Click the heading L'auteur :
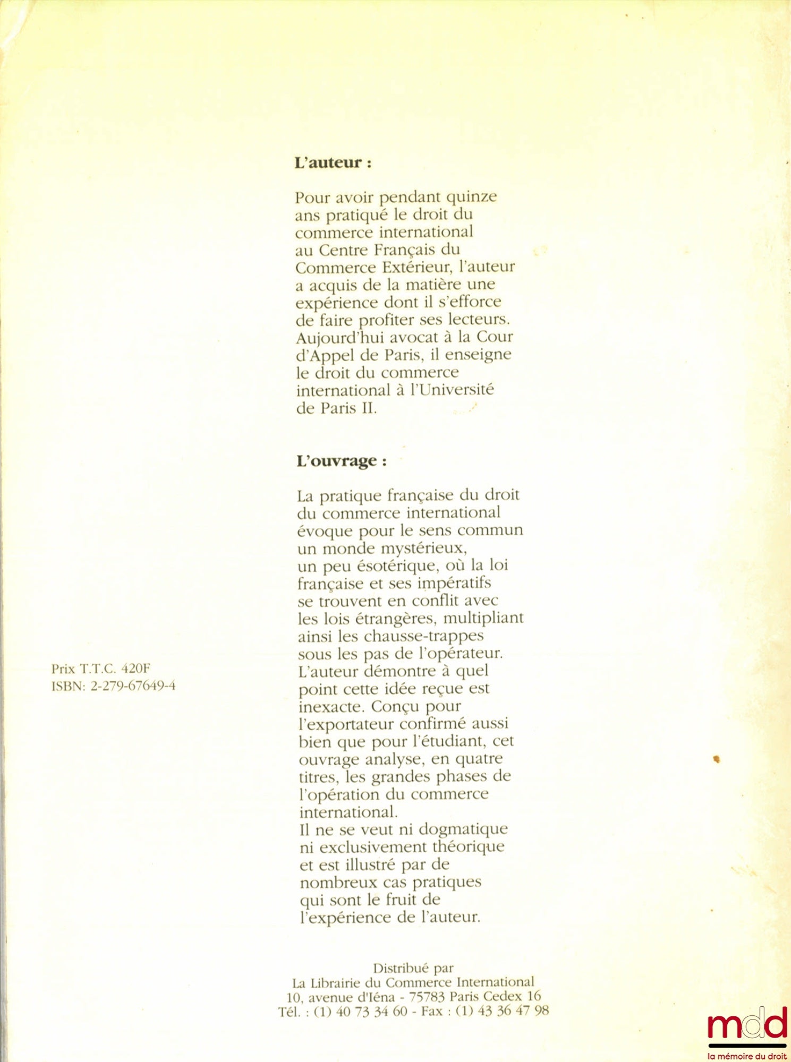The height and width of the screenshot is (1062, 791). [333, 162]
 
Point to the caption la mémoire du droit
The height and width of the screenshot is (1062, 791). [747, 1056]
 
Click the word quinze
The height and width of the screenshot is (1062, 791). [471, 197]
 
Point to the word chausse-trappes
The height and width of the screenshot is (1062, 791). [423, 636]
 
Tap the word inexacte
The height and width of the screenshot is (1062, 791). [332, 707]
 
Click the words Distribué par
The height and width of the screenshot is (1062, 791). [413, 967]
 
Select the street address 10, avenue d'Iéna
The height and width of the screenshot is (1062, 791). [340, 997]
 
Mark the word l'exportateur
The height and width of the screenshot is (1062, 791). [346, 724]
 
